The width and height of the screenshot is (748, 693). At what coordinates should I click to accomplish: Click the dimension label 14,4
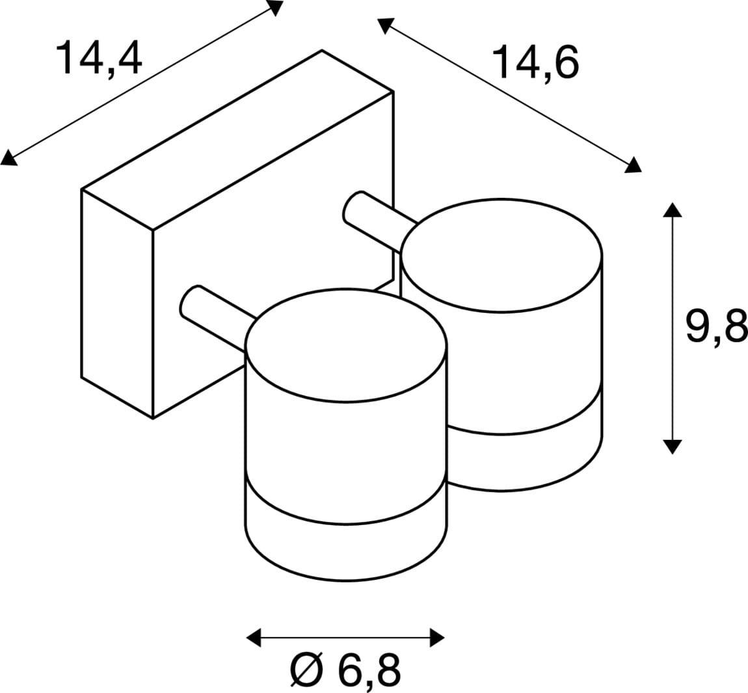click(x=99, y=57)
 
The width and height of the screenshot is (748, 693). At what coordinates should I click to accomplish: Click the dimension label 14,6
click(x=535, y=63)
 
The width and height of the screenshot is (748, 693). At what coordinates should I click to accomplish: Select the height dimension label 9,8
click(x=716, y=325)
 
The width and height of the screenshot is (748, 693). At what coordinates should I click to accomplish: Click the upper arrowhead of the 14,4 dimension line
click(x=275, y=8)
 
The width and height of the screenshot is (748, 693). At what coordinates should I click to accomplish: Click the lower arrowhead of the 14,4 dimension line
click(x=9, y=158)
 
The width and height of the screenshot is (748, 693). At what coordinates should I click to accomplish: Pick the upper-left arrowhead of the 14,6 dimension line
click(x=385, y=26)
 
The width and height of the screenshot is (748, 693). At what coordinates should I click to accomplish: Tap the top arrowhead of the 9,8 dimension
click(x=672, y=210)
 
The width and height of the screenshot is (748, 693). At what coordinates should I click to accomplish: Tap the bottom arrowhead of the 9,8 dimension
click(x=672, y=446)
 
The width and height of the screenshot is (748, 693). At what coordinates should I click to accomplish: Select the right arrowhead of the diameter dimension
click(x=437, y=638)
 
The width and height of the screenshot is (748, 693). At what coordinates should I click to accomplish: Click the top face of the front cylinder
click(x=346, y=346)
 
